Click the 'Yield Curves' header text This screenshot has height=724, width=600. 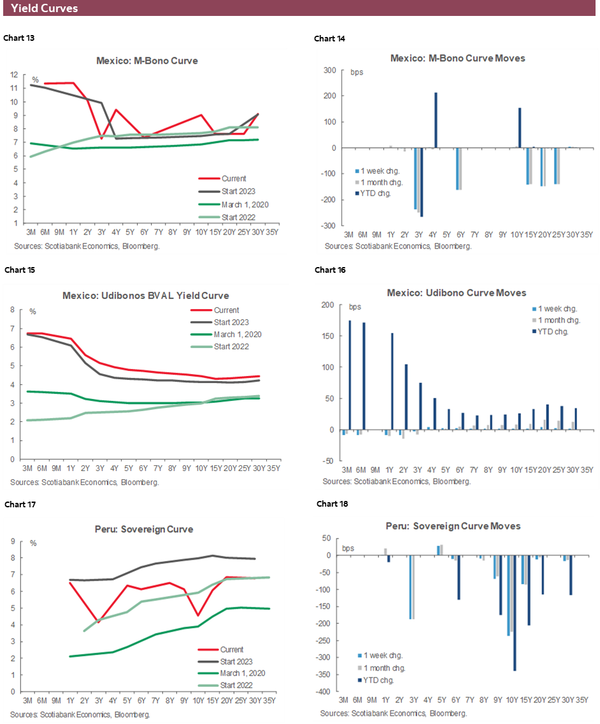pos(45,8)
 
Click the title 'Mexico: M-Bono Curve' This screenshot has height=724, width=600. pos(147,61)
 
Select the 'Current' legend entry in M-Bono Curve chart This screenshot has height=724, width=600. pos(234,178)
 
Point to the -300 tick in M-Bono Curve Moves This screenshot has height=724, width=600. pos(330,226)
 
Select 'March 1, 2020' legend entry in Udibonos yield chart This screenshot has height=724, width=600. pos(238,334)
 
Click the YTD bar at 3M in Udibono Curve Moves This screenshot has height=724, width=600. pos(350,375)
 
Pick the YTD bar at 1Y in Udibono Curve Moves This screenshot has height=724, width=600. pos(392,381)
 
